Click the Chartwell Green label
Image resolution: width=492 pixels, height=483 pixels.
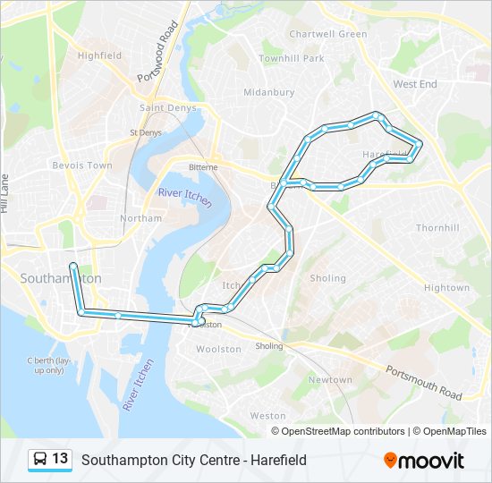(x=327, y=34)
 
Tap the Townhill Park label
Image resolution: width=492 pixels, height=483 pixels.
(x=292, y=58)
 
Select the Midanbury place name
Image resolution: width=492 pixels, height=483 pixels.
(x=268, y=92)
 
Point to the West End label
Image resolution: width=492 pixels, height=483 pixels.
(x=415, y=84)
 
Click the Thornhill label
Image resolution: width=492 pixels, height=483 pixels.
(x=437, y=228)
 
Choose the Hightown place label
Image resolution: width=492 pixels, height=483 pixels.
(x=446, y=288)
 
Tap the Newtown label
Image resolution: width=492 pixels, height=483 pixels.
(x=330, y=380)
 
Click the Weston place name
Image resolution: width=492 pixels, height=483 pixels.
(x=267, y=416)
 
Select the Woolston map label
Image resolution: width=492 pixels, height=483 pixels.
(x=218, y=349)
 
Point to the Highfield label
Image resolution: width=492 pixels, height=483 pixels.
(x=99, y=55)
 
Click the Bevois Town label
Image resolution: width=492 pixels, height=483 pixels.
(x=82, y=165)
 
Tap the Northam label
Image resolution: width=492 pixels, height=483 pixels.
(x=140, y=218)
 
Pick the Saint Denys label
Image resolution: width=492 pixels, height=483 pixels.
(x=162, y=108)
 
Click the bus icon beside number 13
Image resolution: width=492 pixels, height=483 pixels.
(x=40, y=460)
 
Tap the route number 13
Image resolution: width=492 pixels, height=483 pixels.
(x=60, y=459)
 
